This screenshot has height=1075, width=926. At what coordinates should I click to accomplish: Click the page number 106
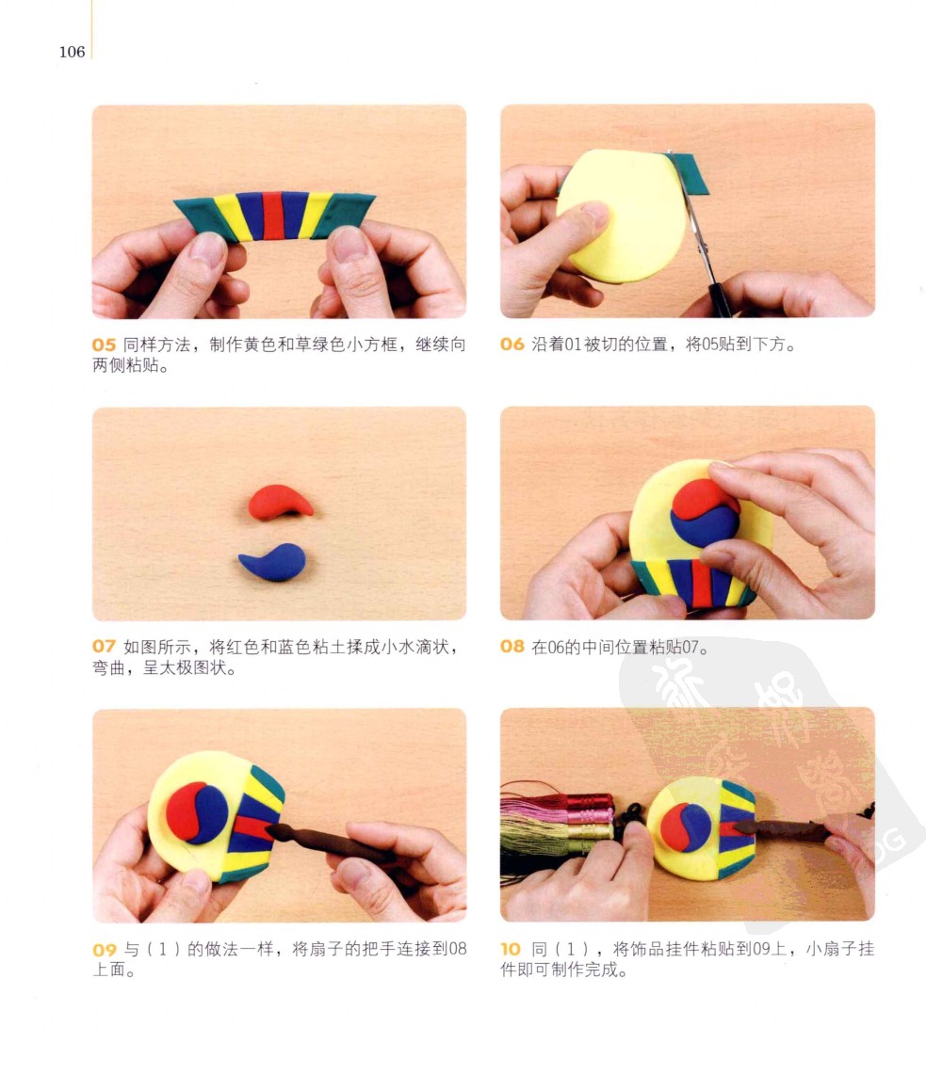pyautogui.click(x=72, y=52)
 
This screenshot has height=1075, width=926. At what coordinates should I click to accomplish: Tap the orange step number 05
pyautogui.click(x=105, y=345)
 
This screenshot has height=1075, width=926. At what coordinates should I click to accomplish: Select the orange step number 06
pyautogui.click(x=512, y=345)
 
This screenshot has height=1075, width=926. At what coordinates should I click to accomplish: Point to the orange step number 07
pyautogui.click(x=105, y=647)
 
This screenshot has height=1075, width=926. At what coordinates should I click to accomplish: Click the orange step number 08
pyautogui.click(x=512, y=647)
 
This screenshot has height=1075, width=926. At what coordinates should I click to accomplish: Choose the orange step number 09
pyautogui.click(x=105, y=950)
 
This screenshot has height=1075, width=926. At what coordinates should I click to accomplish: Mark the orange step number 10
pyautogui.click(x=511, y=949)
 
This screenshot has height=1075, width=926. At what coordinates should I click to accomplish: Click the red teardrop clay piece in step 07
pyautogui.click(x=280, y=502)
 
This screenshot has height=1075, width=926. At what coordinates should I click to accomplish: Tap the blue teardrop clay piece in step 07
pyautogui.click(x=273, y=562)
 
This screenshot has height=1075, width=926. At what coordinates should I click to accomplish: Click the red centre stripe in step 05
pyautogui.click(x=273, y=216)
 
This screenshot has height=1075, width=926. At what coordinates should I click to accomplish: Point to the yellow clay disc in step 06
pyautogui.click(x=621, y=216)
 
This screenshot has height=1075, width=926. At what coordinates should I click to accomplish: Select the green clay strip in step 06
pyautogui.click(x=688, y=174)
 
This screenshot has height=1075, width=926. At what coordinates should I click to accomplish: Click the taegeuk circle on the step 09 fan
pyautogui.click(x=197, y=813)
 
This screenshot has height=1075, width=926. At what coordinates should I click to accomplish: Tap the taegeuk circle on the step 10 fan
pyautogui.click(x=686, y=827)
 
